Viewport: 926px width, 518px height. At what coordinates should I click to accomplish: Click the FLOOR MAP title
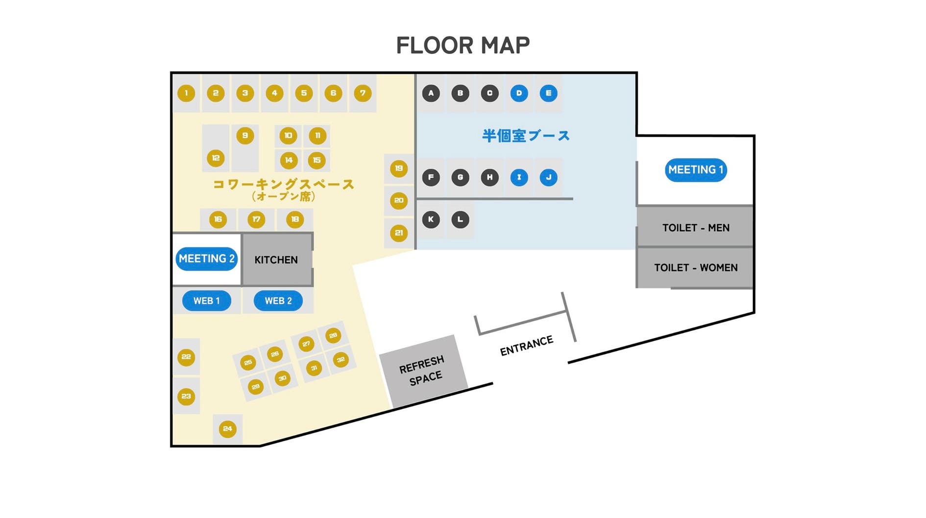pyautogui.click(x=463, y=46)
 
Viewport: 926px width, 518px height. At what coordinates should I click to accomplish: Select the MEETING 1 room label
pyautogui.click(x=695, y=170)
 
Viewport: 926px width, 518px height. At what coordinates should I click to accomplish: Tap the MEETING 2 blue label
pyautogui.click(x=206, y=259)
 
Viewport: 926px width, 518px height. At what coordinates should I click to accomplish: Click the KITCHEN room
pyautogui.click(x=276, y=260)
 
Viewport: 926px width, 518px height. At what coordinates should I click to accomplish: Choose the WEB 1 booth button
pyautogui.click(x=206, y=301)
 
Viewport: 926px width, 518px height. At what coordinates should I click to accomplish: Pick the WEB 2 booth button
pyautogui.click(x=278, y=301)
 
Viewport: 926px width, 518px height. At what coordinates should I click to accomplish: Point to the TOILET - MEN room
pyautogui.click(x=695, y=227)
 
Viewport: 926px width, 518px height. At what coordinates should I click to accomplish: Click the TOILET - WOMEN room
pyautogui.click(x=695, y=268)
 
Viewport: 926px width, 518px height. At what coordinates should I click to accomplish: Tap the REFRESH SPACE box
pyautogui.click(x=422, y=370)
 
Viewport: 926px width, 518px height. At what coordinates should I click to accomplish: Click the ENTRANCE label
pyautogui.click(x=526, y=345)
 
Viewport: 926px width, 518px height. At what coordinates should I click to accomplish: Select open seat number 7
pyautogui.click(x=363, y=93)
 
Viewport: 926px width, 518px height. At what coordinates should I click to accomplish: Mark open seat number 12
pyautogui.click(x=216, y=158)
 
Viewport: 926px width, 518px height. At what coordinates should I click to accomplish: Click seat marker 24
pyautogui.click(x=227, y=429)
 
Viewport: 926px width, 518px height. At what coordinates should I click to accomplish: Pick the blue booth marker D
pyautogui.click(x=519, y=93)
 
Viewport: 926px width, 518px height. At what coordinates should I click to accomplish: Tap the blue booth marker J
pyautogui.click(x=548, y=177)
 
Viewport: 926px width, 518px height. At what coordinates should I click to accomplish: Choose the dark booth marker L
pyautogui.click(x=460, y=220)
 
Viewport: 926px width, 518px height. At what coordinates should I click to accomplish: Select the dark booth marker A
pyautogui.click(x=431, y=93)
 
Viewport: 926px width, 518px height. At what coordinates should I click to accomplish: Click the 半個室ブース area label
pyautogui.click(x=526, y=136)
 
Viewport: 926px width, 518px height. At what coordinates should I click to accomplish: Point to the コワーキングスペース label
pyautogui.click(x=283, y=185)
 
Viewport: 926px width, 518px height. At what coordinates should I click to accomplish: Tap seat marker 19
pyautogui.click(x=399, y=169)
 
